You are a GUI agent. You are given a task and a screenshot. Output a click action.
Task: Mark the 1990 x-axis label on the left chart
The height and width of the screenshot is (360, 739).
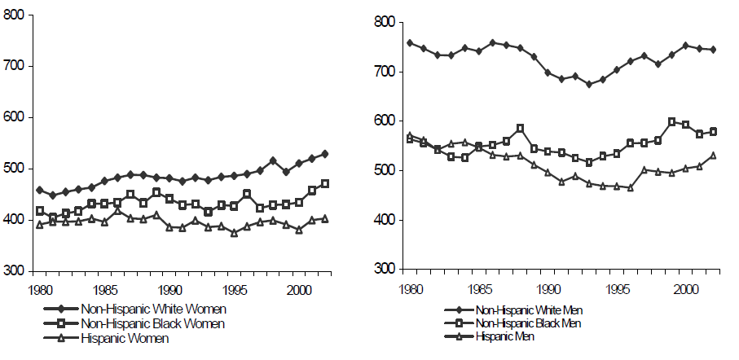(x=169, y=289)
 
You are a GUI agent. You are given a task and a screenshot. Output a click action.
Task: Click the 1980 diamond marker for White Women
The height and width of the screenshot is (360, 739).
(x=40, y=190)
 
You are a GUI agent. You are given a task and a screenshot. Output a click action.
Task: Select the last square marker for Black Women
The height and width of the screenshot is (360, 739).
(x=325, y=184)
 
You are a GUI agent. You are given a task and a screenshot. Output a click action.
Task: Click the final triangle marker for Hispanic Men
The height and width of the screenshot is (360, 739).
(x=713, y=155)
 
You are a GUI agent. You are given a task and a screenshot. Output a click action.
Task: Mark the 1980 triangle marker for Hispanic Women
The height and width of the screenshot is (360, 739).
(x=40, y=225)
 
